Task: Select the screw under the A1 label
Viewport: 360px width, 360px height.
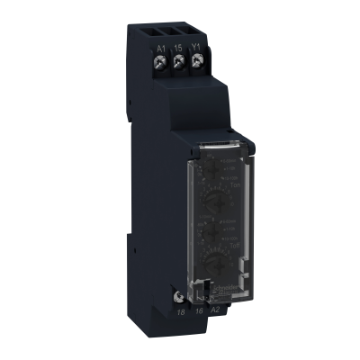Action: click(162, 63)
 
